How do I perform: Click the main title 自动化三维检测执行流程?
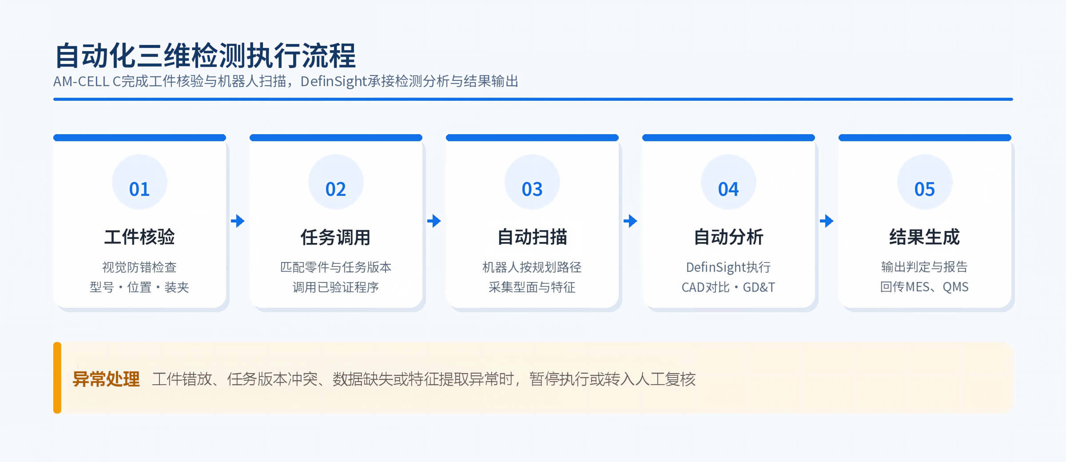(205, 56)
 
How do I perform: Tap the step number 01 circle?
(139, 182)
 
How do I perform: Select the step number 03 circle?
(532, 182)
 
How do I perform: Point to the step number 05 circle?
(925, 182)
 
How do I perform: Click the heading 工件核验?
(139, 237)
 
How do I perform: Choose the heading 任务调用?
(336, 237)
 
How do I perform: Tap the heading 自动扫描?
(532, 237)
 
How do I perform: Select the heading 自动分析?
(728, 237)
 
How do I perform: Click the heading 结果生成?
(925, 237)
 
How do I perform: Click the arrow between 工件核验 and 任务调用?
(238, 221)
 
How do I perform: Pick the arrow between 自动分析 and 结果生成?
(827, 221)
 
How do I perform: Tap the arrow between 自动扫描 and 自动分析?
(630, 221)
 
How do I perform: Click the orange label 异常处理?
(106, 379)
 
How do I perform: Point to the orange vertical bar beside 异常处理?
(57, 378)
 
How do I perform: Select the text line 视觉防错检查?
(139, 267)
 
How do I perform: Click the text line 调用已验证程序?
(336, 287)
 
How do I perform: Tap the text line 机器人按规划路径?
(532, 267)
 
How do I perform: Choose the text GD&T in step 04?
(759, 287)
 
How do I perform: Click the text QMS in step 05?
(955, 287)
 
